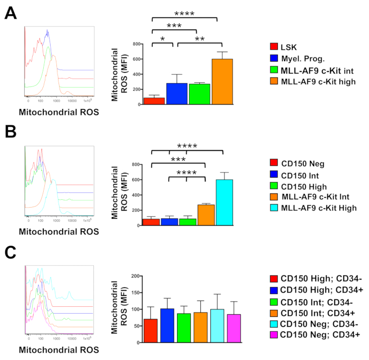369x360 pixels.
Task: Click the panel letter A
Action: pos(11,13)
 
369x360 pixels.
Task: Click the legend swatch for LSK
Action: pos(274,47)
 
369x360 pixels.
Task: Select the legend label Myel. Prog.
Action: pos(304,58)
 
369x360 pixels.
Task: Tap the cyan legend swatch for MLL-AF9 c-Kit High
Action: pos(274,208)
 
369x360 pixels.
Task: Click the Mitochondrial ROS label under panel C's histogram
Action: pos(59,349)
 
